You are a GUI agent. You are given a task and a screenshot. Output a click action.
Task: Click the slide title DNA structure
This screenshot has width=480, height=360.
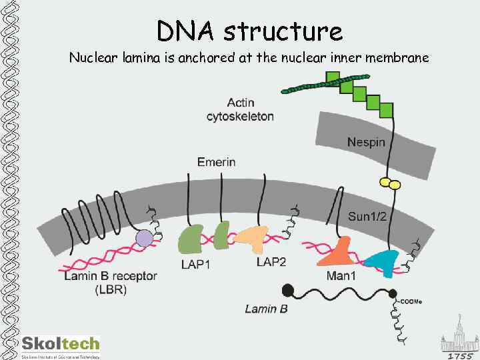tap(249, 30)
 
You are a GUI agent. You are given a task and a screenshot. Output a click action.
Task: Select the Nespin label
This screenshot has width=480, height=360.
tap(366, 142)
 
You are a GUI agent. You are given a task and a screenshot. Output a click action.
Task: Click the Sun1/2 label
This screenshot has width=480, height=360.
tap(367, 216)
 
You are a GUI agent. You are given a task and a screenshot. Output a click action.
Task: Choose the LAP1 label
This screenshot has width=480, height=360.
tap(195, 264)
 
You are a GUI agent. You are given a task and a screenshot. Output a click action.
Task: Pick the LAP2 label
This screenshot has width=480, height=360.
tap(271, 262)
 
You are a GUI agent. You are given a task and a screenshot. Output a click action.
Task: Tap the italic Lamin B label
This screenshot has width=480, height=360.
tap(266, 308)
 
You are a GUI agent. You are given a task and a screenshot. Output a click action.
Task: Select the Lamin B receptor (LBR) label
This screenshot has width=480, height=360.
tap(111, 282)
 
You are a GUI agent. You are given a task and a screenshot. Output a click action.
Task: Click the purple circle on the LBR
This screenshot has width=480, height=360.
tap(143, 238)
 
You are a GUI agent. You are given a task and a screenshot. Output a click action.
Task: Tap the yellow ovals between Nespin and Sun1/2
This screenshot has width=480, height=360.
tap(389, 182)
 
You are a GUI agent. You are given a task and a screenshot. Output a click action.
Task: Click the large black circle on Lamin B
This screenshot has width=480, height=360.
tap(288, 290)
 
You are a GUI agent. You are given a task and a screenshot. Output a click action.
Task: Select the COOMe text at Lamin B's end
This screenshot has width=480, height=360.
tap(411, 301)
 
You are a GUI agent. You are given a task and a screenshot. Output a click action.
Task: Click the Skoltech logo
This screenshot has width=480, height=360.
tap(60, 345)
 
